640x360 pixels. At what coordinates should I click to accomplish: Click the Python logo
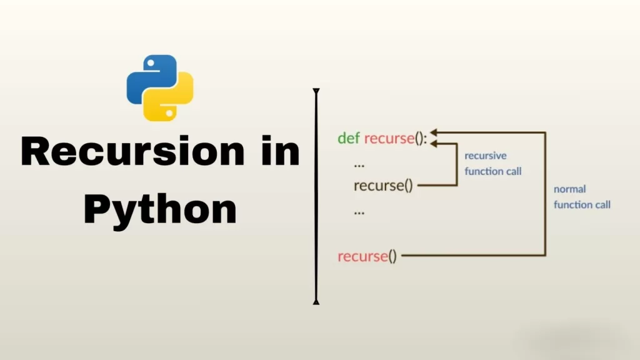tap(160, 87)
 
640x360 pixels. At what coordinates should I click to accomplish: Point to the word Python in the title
tap(161, 209)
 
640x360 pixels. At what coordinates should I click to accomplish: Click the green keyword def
tap(348, 138)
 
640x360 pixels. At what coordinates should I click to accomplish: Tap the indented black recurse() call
tap(383, 186)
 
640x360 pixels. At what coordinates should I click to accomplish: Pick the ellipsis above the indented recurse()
tap(359, 164)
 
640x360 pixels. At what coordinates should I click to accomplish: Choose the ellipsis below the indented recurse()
tap(359, 212)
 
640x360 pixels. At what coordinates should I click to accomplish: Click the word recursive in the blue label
tap(485, 156)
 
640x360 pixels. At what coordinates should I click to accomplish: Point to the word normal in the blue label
tap(569, 189)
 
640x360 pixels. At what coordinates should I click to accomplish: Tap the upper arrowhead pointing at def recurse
tap(434, 132)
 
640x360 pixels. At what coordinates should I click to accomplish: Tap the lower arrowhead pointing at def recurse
tap(434, 144)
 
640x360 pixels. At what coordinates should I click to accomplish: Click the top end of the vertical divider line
tap(316, 92)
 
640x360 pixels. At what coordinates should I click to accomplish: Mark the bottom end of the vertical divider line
tap(316, 302)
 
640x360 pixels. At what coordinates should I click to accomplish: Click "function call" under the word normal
tap(582, 204)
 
